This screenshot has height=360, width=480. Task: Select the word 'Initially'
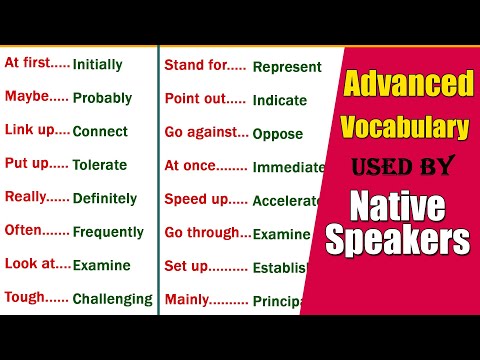click(x=98, y=65)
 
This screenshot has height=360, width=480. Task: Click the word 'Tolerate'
click(x=101, y=165)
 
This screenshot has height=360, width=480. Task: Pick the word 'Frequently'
click(x=108, y=232)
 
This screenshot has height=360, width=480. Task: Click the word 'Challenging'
click(x=113, y=298)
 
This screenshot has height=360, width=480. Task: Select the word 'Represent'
click(x=287, y=67)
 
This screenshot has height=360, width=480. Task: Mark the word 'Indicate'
click(x=280, y=100)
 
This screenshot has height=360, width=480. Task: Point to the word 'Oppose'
click(x=277, y=134)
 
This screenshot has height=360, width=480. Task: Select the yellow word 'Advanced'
click(x=408, y=85)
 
